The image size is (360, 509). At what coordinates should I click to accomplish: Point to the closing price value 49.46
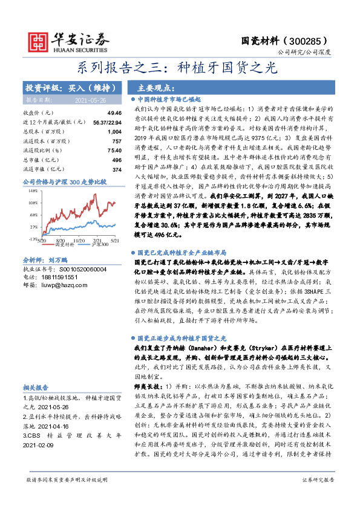coord(114,113)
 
